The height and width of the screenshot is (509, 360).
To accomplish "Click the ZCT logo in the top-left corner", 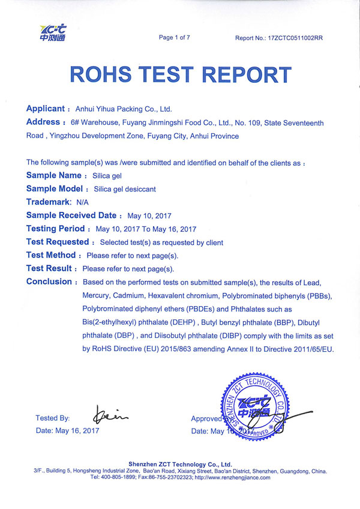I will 52,33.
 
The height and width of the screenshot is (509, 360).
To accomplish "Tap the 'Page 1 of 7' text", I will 174,38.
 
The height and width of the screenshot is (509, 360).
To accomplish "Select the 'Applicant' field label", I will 46,109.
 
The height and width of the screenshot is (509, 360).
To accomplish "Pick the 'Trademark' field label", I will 49,202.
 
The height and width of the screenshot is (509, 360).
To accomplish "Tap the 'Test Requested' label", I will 58,242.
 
